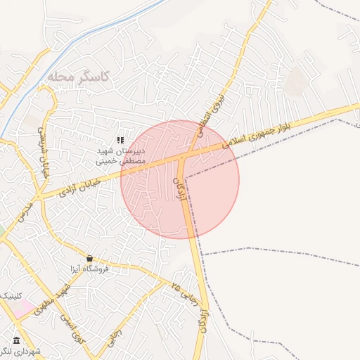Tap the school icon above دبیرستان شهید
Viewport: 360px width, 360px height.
[x=120, y=141]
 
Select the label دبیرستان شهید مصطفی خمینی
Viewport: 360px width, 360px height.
[x=120, y=155]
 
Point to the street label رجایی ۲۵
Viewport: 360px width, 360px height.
[x=184, y=290]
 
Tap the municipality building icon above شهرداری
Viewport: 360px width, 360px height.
[x=16, y=341]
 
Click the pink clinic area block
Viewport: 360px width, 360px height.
[x=21, y=308]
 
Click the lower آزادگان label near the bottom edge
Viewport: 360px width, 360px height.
[x=202, y=316]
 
